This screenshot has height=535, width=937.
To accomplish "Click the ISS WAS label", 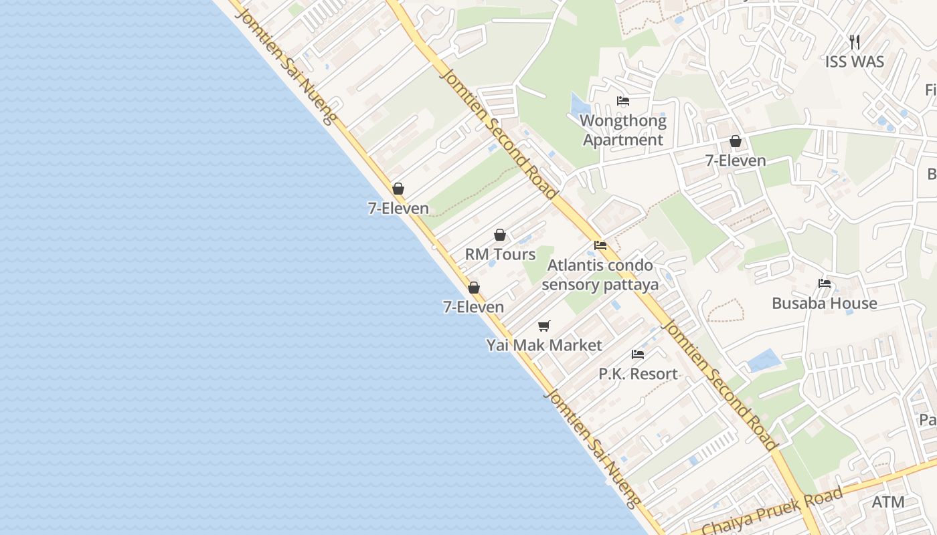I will tap(854, 62).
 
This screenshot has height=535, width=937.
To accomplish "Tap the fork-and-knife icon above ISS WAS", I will tap(854, 42).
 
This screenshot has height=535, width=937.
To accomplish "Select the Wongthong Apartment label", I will tap(623, 130).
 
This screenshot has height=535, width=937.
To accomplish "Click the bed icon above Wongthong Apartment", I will tap(623, 102).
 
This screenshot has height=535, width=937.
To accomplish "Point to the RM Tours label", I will tap(500, 254).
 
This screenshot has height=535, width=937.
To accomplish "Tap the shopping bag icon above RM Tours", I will tap(500, 235).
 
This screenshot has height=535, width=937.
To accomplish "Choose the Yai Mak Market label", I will tap(544, 345).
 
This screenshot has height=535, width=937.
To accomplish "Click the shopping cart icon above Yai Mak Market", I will tap(544, 326).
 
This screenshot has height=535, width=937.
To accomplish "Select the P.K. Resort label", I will tap(638, 373).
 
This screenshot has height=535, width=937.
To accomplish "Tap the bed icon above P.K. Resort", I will tap(638, 354).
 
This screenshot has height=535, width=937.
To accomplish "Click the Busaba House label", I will tap(824, 303).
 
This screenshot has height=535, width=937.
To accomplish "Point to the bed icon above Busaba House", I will tap(825, 284).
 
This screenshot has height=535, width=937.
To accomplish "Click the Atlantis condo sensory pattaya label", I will tap(600, 275).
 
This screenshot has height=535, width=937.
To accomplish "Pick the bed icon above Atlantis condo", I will tap(600, 245).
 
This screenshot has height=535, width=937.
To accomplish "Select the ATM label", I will tap(888, 502).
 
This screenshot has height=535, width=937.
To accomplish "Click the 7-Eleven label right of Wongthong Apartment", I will tap(736, 160).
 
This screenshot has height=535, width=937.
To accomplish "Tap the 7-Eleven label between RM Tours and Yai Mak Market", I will tap(473, 307).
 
